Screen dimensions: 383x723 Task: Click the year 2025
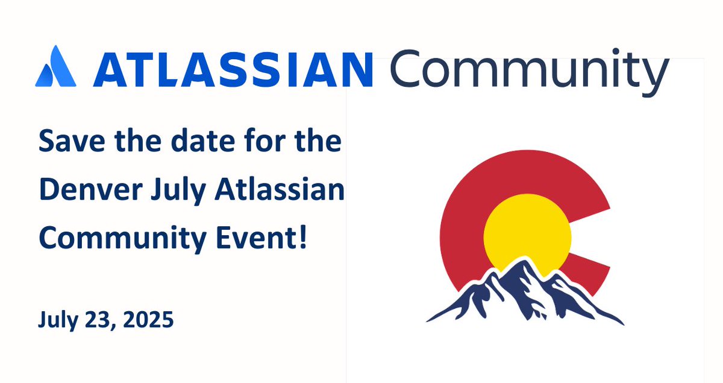pos(148,318)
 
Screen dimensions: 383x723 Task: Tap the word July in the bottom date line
pos(58,320)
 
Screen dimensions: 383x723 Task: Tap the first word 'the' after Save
pos(128,143)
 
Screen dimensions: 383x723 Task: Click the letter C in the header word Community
pos(405,68)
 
